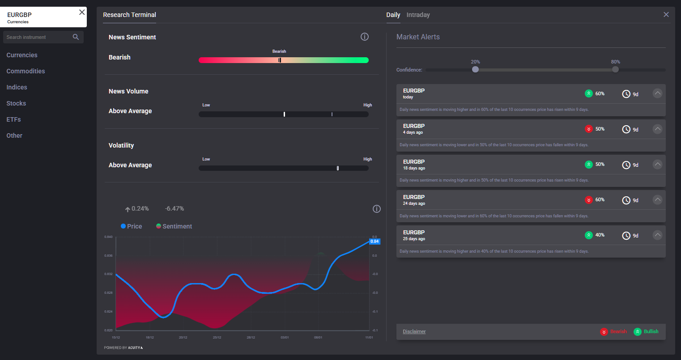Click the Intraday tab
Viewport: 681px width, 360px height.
tap(418, 15)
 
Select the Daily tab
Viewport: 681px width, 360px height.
tap(393, 15)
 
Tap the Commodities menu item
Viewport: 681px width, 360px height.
tap(26, 71)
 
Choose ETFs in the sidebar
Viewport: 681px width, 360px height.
tap(13, 119)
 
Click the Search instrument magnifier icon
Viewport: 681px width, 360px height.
tap(76, 37)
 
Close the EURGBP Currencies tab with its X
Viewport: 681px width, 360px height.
tap(82, 12)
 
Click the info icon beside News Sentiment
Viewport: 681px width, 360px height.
tap(365, 37)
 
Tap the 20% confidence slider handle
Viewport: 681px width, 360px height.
tap(475, 69)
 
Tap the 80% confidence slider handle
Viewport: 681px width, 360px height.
tap(615, 69)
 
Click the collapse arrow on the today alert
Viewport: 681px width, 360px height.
tap(657, 93)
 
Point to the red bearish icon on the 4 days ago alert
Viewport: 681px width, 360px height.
tap(589, 129)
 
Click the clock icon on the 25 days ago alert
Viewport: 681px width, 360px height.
tap(626, 236)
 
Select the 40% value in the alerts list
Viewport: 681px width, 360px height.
tap(600, 235)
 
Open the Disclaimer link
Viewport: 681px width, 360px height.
tap(414, 331)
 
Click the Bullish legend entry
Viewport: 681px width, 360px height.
tap(646, 331)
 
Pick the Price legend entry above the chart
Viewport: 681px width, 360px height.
tap(131, 226)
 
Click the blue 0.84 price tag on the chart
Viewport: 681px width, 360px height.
tap(375, 241)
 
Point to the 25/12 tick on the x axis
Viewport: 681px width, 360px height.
tap(217, 337)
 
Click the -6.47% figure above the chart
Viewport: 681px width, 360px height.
tap(174, 209)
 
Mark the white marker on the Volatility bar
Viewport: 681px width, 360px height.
tap(338, 168)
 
